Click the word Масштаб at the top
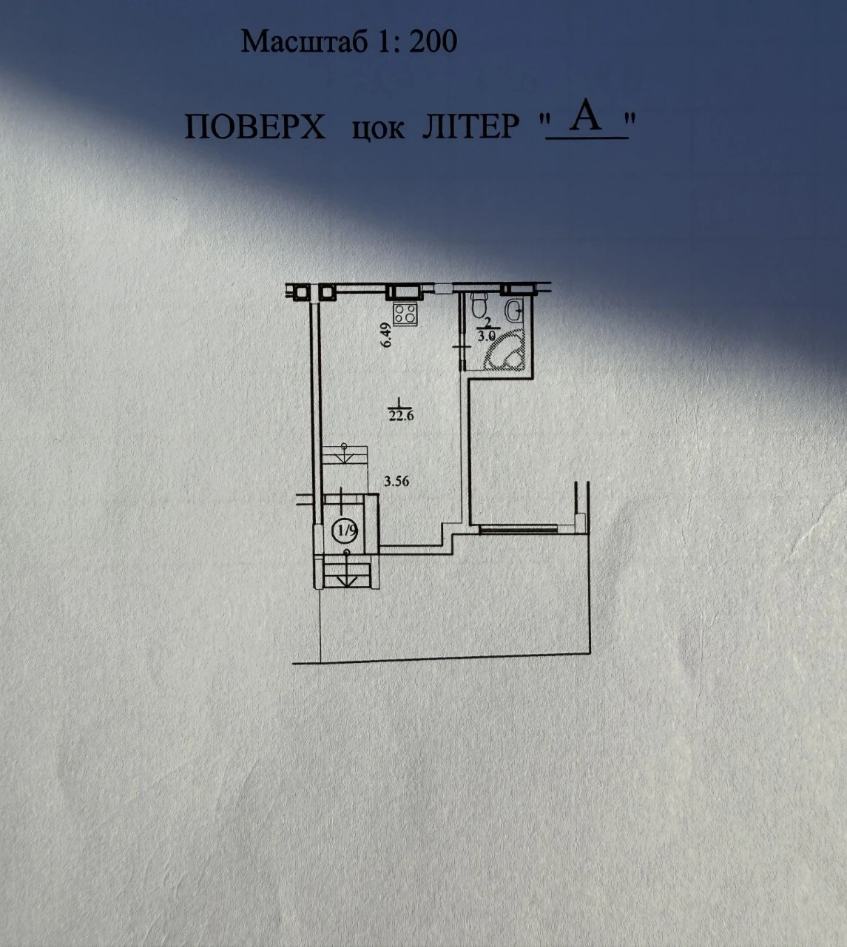[304, 41]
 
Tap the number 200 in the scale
[433, 41]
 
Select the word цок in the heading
[378, 129]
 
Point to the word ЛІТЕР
[470, 127]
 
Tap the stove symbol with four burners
[405, 314]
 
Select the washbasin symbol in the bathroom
[516, 309]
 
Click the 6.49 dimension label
[385, 335]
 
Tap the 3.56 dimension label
[396, 481]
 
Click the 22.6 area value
[401, 416]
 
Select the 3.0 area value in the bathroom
[486, 336]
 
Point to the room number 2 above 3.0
[488, 322]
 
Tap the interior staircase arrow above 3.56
[345, 453]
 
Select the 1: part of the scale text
[388, 41]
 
